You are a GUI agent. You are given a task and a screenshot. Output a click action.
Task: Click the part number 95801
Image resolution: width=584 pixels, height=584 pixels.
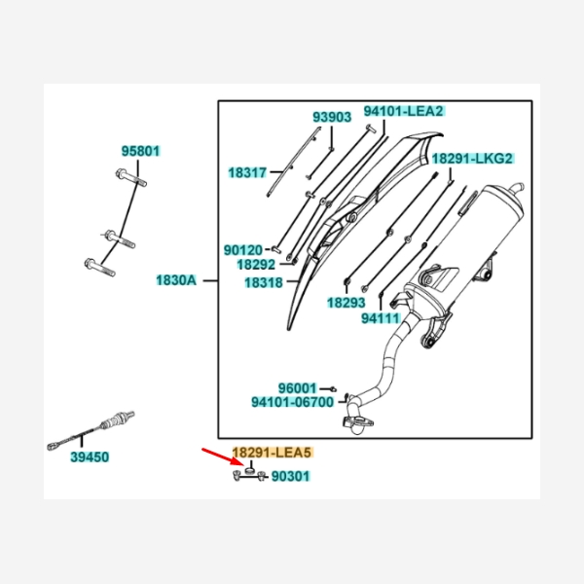click(141, 151)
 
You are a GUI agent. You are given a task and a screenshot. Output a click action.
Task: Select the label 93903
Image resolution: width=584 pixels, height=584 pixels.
click(332, 118)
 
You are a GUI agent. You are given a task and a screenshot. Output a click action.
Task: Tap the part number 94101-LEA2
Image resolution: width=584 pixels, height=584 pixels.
click(404, 111)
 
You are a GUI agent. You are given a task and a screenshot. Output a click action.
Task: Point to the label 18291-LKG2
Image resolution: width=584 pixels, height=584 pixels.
click(472, 159)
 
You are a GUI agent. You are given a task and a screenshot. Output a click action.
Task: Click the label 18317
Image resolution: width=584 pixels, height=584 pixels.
click(247, 173)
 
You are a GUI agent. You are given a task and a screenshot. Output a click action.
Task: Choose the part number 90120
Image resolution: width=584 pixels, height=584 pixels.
click(243, 250)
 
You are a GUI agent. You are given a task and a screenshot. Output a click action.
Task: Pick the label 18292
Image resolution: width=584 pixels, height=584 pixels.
click(256, 265)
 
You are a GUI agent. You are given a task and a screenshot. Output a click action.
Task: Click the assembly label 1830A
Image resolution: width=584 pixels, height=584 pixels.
click(176, 280)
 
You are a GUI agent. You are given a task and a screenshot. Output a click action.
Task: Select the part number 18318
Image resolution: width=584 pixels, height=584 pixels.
click(264, 283)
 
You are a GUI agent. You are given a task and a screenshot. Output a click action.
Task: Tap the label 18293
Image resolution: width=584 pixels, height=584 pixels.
click(347, 303)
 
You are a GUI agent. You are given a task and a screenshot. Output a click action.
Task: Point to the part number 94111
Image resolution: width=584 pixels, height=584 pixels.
click(381, 319)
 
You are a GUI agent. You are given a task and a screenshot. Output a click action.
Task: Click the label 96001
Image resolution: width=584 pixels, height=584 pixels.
click(297, 388)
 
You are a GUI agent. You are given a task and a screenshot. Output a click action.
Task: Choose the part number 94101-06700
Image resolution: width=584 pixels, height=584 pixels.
click(293, 403)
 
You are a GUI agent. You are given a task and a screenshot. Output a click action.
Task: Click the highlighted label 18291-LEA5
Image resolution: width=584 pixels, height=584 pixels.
click(272, 453)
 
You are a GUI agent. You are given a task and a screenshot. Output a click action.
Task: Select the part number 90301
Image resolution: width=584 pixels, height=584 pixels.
click(290, 476)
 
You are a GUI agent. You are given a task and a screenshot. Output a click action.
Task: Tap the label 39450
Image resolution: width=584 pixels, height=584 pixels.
click(90, 457)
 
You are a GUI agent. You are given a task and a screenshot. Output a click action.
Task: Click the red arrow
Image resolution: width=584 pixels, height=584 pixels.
click(223, 457)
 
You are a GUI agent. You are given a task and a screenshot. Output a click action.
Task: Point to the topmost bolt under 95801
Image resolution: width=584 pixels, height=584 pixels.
click(131, 178)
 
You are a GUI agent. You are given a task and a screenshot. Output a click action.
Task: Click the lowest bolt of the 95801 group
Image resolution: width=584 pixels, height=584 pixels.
click(100, 268)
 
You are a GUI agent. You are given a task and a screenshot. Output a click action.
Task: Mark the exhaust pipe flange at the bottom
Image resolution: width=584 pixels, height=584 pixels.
click(357, 423)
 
